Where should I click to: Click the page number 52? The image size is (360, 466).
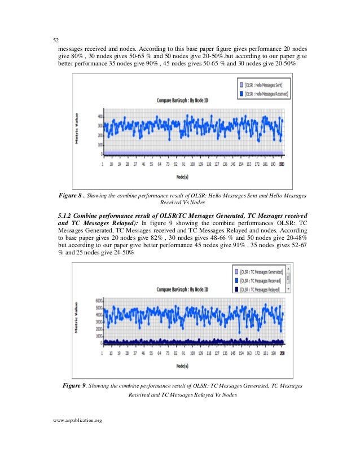tap(56, 40)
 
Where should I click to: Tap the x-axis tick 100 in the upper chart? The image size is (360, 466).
tap(192, 165)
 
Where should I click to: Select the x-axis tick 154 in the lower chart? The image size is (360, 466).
tap(241, 354)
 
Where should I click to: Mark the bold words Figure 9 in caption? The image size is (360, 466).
tap(73, 386)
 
